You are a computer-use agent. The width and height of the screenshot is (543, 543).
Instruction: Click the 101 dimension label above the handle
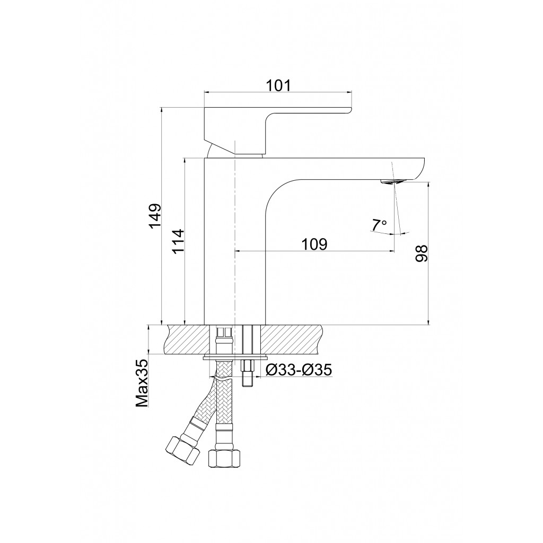click(278, 85)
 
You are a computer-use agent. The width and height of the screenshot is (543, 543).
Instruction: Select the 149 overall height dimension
click(155, 216)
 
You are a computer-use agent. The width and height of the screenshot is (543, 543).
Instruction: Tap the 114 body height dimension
click(179, 241)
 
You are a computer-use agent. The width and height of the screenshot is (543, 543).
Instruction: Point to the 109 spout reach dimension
click(314, 244)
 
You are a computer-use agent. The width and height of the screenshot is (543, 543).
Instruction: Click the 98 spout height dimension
click(422, 253)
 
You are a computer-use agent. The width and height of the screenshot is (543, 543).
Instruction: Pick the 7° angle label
click(379, 225)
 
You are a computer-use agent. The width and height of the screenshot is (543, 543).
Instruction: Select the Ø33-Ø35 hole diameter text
click(299, 370)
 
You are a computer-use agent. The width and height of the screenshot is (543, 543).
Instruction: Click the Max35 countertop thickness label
click(142, 383)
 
